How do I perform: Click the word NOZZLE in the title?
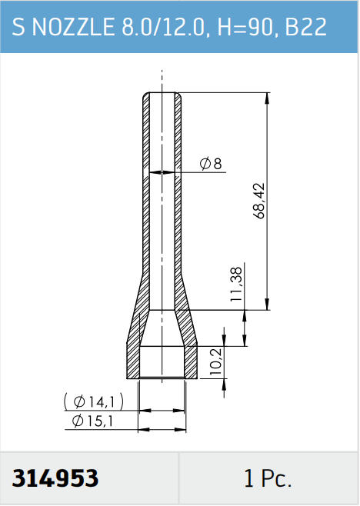pos(73,27)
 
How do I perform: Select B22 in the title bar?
pos(305,27)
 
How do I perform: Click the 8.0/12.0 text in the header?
pos(163,27)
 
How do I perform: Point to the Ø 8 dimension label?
pos(211,164)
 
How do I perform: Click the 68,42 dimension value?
pos(259,201)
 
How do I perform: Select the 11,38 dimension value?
pos(236,285)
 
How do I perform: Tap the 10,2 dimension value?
pos(216,361)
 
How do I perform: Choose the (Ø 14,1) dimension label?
pos(94,401)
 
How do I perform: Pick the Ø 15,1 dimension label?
pos(92,421)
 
